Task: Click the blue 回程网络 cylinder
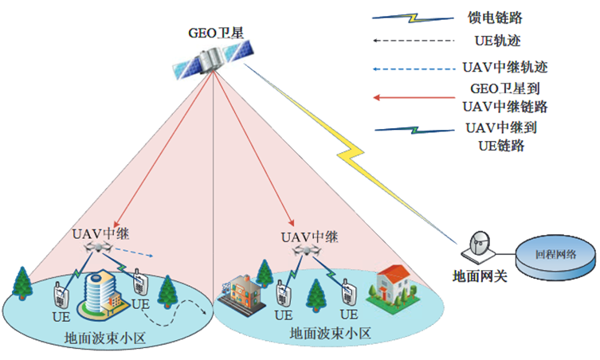tap(555, 256)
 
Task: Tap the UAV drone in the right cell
tap(308, 251)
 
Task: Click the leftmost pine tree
tap(21, 283)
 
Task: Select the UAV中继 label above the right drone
tap(310, 237)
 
